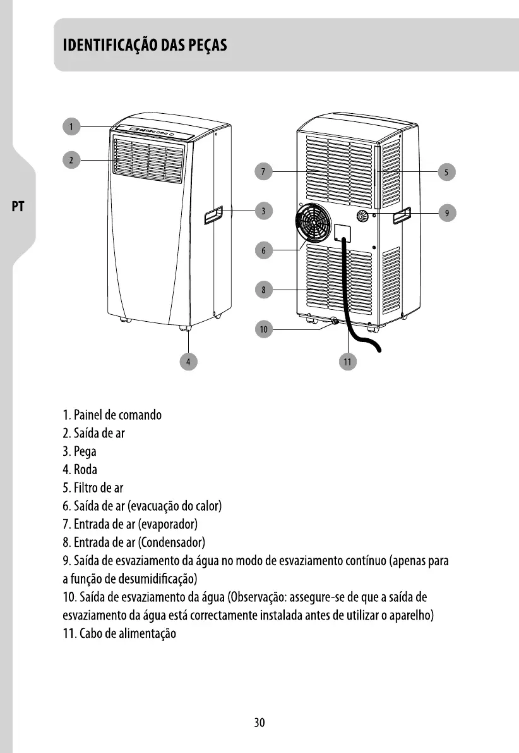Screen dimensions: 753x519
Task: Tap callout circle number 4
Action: coord(188,361)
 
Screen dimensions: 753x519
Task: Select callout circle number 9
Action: coord(446,213)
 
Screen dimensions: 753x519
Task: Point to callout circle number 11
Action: coord(347,361)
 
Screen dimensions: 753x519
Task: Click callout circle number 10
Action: coord(264,329)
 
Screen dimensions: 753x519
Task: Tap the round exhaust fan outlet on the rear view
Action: coord(313,224)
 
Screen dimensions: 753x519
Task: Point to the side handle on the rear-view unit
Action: coord(402,216)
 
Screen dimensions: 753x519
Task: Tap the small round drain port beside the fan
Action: coord(364,216)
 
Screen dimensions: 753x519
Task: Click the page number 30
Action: coord(259,723)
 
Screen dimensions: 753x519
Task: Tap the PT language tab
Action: coord(18,207)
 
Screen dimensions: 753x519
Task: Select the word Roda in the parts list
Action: coord(85,470)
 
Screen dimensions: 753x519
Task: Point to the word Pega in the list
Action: coord(85,451)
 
